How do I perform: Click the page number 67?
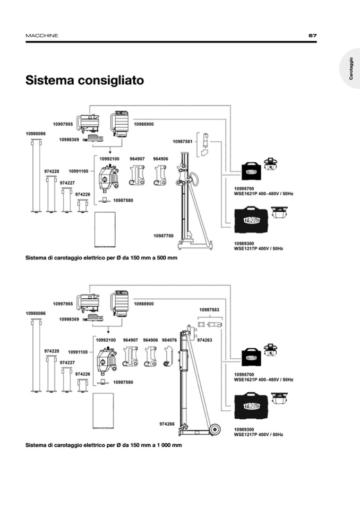312,36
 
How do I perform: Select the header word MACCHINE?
42,36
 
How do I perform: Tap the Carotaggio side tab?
351,69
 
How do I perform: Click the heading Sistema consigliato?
85,81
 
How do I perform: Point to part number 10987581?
182,141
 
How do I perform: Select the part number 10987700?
164,236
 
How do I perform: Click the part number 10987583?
209,309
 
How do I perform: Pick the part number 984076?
169,340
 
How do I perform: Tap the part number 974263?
205,340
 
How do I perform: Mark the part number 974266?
167,424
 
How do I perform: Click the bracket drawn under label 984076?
168,356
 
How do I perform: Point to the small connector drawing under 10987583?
209,324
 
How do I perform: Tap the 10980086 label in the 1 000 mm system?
36,313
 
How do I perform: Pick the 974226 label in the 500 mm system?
83,195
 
